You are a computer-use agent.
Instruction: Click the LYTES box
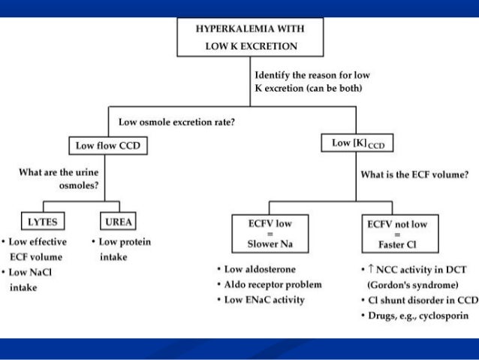point(44,222)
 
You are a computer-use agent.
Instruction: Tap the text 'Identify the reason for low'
point(312,76)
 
